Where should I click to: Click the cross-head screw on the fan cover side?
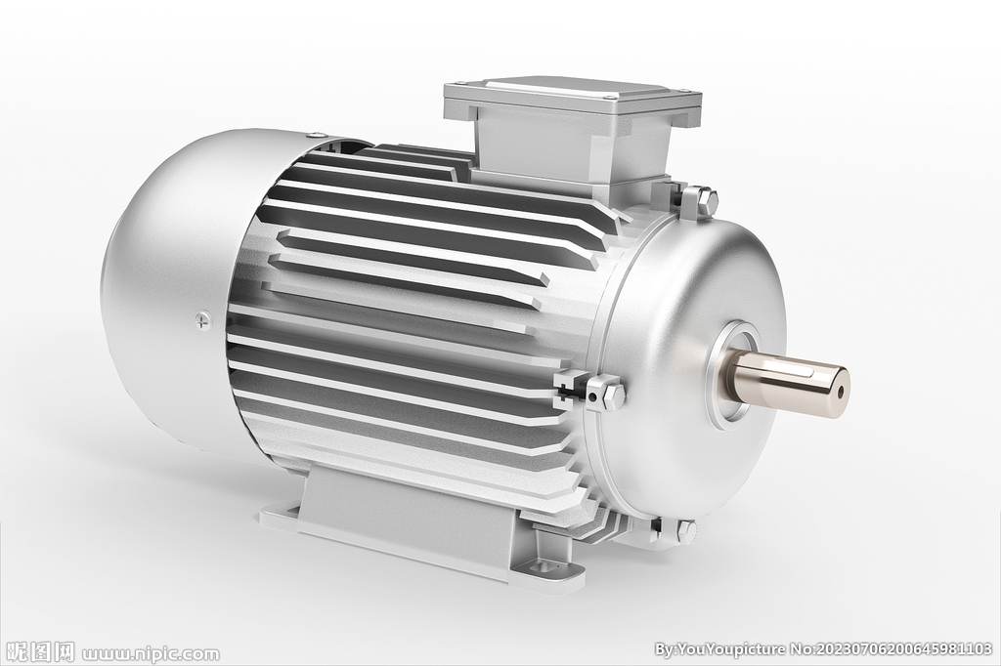coord(203,319)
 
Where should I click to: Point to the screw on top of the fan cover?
coord(316,135)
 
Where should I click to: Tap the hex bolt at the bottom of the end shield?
coord(685,528)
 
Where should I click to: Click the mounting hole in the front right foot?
coord(547,566)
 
